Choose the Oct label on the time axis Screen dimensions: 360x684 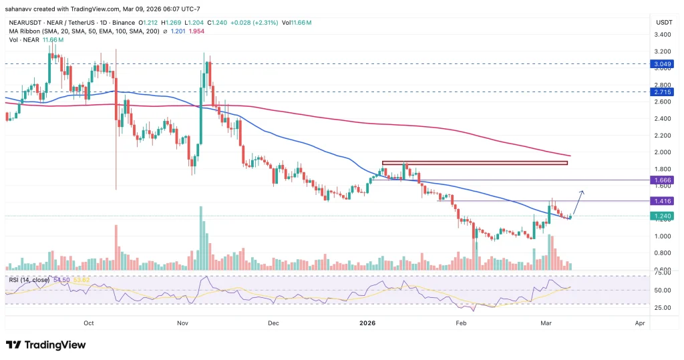click(89, 322)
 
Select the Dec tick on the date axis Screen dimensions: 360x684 click(273, 322)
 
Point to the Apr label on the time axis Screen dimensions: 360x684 click(640, 322)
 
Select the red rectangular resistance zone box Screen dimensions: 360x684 click(474, 162)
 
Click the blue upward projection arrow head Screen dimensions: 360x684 click(583, 192)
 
